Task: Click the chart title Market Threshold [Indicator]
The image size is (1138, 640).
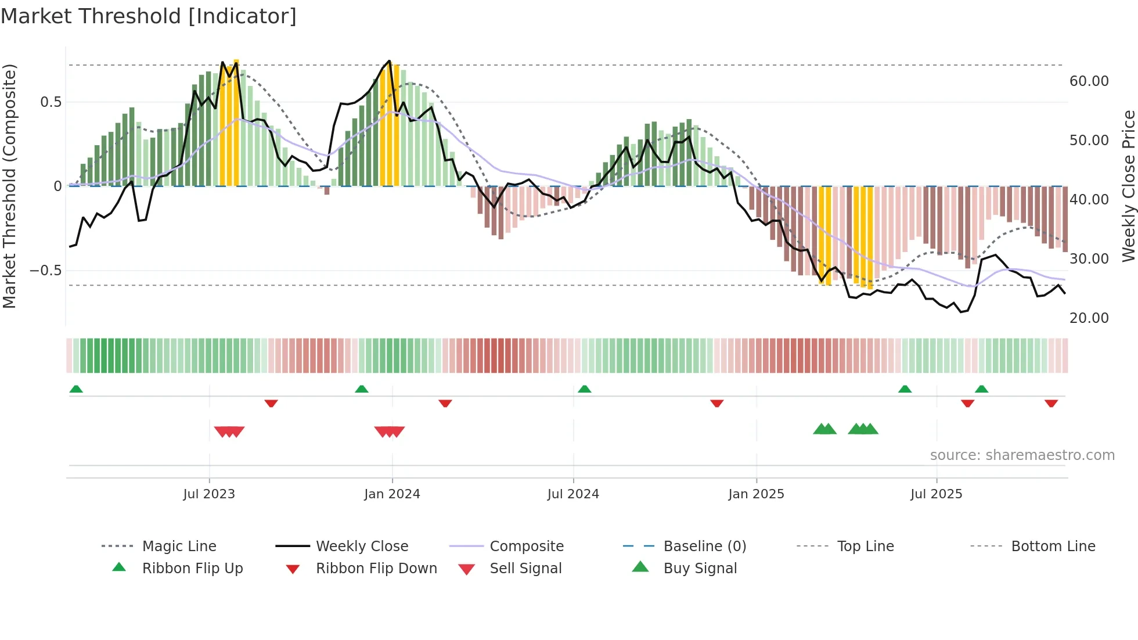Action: (149, 16)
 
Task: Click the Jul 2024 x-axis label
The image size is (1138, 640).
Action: (573, 494)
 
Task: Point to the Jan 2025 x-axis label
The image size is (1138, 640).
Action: (756, 494)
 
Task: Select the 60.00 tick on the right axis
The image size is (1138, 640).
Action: (1089, 81)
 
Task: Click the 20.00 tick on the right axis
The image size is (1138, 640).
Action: (1089, 318)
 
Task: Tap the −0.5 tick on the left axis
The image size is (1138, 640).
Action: (45, 270)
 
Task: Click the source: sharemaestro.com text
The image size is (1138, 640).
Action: (1022, 455)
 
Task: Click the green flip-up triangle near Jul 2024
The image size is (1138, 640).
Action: (584, 389)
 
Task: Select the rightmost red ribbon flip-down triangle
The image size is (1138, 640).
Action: (1051, 403)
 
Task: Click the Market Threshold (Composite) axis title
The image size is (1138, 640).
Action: (9, 186)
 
